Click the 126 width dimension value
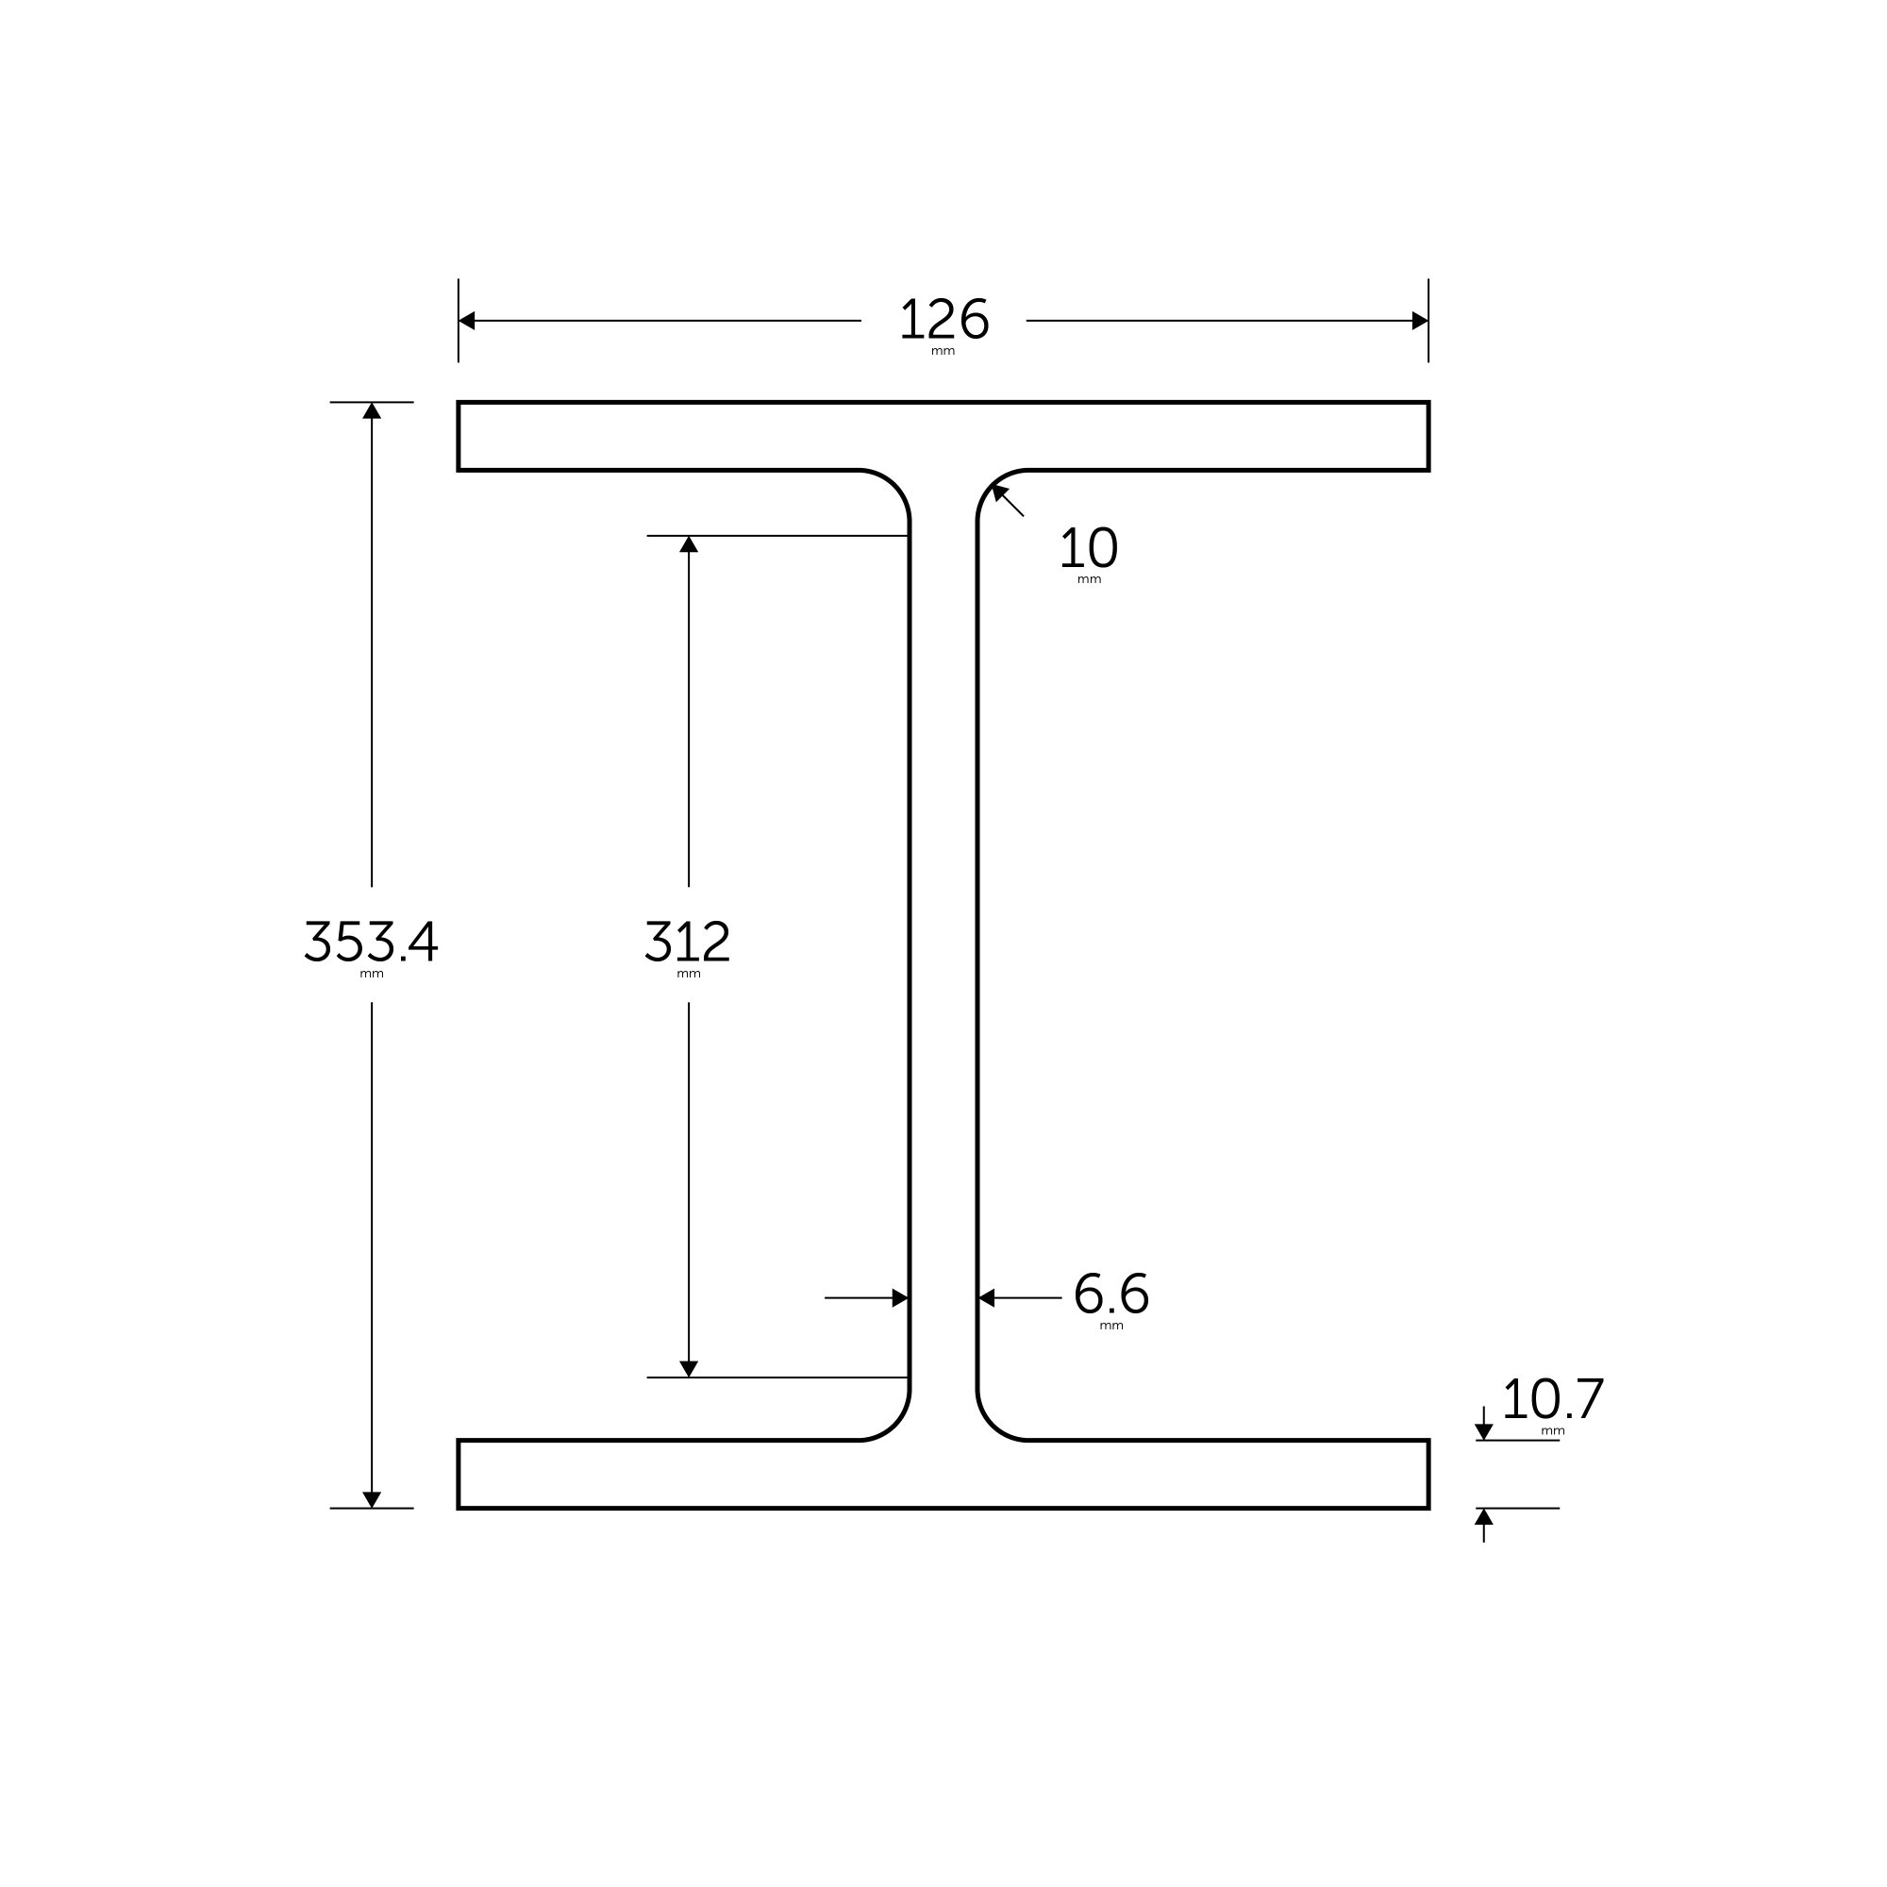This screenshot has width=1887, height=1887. [x=943, y=320]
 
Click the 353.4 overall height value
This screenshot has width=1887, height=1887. [x=371, y=942]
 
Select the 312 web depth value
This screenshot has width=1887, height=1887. [x=688, y=942]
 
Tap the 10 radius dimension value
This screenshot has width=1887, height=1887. [x=1088, y=548]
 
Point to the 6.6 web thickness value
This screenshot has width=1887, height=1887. [x=1110, y=1295]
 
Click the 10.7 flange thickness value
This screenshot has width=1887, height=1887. [x=1552, y=1399]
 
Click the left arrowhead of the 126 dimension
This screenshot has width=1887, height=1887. [x=467, y=321]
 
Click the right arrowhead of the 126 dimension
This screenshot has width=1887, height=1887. [x=1419, y=321]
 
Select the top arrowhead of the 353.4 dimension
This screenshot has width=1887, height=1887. [x=371, y=411]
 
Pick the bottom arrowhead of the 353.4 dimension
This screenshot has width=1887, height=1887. [x=371, y=1499]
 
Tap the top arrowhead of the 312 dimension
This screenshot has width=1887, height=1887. [x=689, y=545]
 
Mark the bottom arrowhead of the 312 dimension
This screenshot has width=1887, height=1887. [x=689, y=1368]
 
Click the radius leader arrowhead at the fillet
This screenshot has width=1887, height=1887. [x=999, y=492]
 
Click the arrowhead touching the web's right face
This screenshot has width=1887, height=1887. [x=987, y=1298]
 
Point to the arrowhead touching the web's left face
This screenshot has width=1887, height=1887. [x=899, y=1298]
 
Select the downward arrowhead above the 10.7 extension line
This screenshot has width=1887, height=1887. [x=1483, y=1432]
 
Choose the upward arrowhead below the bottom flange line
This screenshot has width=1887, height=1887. [x=1483, y=1517]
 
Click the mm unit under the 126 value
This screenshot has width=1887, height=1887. [x=943, y=352]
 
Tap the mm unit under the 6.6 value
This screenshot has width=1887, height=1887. [x=1110, y=1327]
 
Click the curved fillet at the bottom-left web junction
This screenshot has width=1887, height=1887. [x=894, y=1425]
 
